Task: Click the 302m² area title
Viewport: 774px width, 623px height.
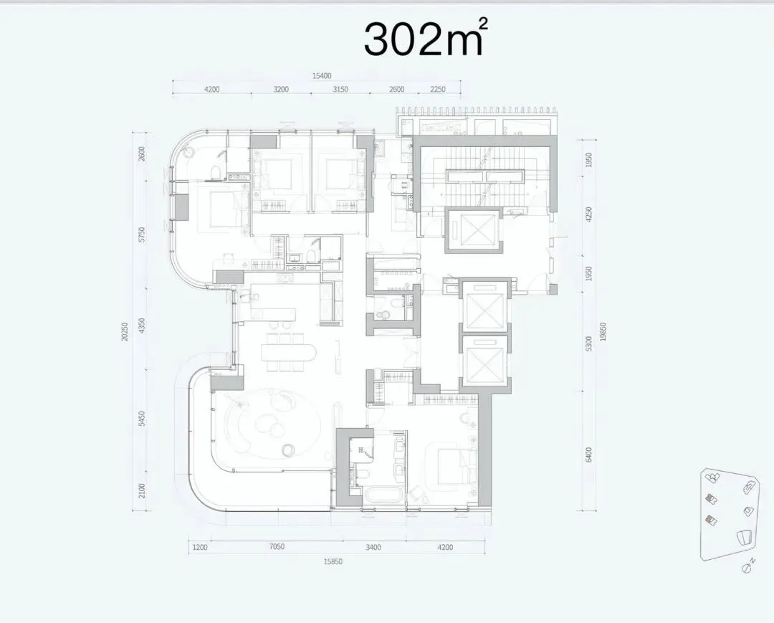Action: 426,38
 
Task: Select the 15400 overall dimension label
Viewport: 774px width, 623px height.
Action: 322,76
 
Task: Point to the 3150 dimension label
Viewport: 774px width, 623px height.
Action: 340,90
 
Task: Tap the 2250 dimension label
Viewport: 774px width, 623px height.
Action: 438,90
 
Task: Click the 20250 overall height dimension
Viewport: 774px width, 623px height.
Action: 125,331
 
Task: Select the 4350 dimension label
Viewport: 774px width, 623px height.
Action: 142,326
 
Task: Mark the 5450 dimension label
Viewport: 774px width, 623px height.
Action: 142,419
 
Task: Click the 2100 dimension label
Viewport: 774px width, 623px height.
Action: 142,491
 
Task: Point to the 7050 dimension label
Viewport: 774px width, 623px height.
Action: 277,546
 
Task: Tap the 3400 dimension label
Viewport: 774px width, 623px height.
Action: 373,547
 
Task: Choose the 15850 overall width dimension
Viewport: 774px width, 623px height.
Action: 333,561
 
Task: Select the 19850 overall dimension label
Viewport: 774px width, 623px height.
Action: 603,331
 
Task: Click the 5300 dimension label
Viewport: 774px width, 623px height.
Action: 588,344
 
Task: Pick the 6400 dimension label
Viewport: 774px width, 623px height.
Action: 588,455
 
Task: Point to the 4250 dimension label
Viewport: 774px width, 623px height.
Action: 588,215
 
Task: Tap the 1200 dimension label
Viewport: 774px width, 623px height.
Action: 200,547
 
